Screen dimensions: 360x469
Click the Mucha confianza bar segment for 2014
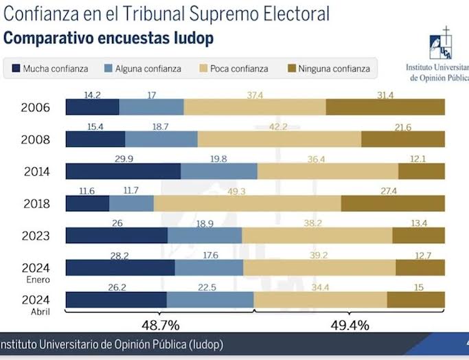click(x=123, y=171)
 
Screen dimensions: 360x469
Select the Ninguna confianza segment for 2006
click(x=385, y=107)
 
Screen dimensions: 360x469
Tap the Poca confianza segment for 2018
click(x=247, y=203)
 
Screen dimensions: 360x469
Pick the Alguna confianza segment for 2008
click(x=161, y=139)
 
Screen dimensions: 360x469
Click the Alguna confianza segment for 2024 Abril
click(x=209, y=300)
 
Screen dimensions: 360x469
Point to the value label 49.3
click(x=236, y=191)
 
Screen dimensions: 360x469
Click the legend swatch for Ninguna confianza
click(x=290, y=68)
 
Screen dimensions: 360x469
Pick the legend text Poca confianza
click(x=239, y=69)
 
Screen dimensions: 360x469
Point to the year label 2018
click(x=35, y=204)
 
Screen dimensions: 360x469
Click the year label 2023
click(x=35, y=236)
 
